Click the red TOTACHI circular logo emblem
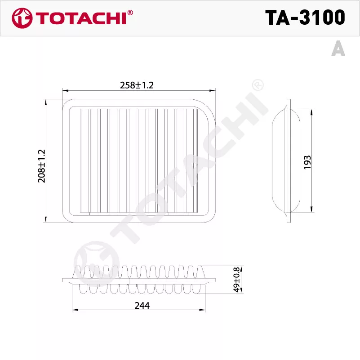click(22, 18)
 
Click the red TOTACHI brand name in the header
click(81, 18)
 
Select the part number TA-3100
click(305, 18)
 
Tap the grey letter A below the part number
click(338, 48)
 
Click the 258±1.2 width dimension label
click(137, 85)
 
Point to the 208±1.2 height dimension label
click(41, 166)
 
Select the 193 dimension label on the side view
click(307, 163)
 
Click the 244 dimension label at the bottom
click(142, 306)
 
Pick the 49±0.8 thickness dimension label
click(236, 280)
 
